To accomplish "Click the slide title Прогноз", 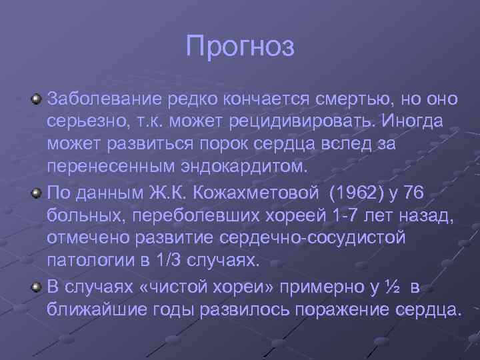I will click(240, 47).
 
